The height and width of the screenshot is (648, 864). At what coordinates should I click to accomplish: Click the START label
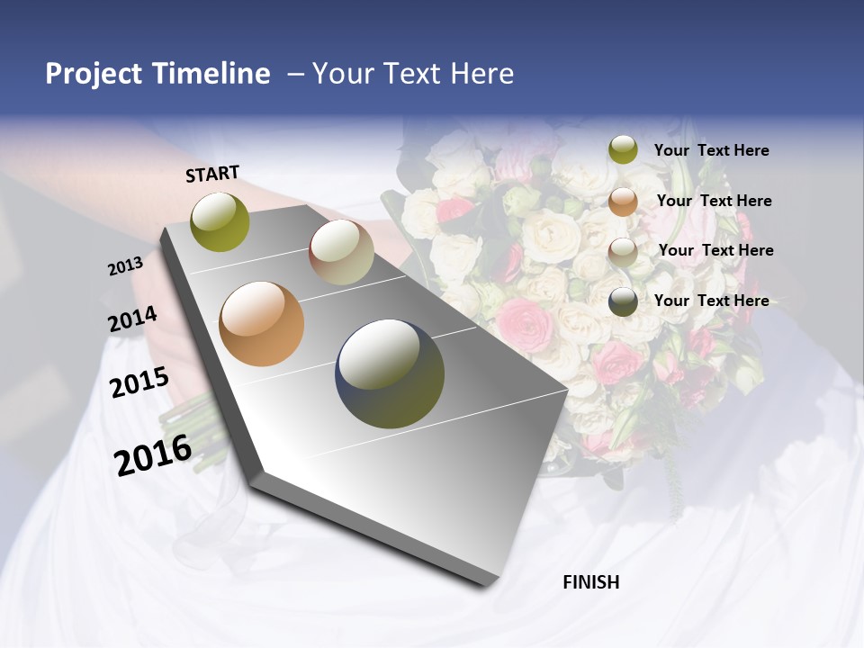click(212, 174)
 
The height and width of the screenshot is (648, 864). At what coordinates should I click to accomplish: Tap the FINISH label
click(590, 582)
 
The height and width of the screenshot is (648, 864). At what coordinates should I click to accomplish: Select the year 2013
click(126, 266)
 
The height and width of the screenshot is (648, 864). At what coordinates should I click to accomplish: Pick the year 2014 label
click(133, 319)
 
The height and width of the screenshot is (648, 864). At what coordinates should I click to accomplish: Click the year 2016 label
click(153, 454)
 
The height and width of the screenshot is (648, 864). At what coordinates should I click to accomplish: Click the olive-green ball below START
click(220, 221)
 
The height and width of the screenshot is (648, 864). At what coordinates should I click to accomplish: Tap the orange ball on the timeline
click(261, 324)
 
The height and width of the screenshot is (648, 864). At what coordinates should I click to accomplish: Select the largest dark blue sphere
click(390, 373)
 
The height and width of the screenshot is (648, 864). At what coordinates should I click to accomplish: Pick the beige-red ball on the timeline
click(341, 252)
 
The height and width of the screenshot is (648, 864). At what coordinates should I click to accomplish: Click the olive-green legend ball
click(623, 149)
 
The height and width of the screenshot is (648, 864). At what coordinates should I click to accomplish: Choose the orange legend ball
click(623, 202)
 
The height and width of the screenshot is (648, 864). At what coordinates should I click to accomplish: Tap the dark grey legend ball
click(623, 301)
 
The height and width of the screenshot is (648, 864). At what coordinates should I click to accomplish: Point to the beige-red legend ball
click(623, 251)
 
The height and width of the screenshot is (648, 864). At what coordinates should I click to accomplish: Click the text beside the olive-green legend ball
click(712, 150)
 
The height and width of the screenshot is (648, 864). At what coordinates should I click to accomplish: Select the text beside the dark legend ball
click(712, 301)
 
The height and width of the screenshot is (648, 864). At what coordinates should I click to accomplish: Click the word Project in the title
click(94, 74)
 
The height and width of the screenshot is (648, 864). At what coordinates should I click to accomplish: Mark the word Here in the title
click(481, 74)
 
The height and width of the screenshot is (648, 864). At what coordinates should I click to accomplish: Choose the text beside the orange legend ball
click(715, 201)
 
